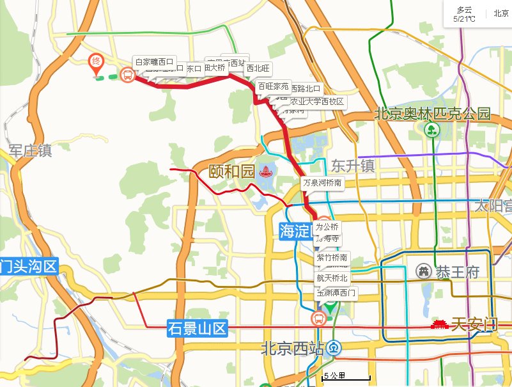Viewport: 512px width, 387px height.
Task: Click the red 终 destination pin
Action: coord(95,61)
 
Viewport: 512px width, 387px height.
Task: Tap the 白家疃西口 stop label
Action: coord(153,61)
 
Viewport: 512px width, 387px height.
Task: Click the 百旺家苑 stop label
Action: coord(273,86)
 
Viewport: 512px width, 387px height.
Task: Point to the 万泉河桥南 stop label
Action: coord(323,183)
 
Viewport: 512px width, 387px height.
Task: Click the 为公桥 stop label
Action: coord(327,227)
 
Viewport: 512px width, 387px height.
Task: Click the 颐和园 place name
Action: coord(231,171)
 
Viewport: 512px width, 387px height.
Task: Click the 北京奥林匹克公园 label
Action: coord(431,115)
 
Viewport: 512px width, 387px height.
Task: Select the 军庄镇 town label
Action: coord(30,151)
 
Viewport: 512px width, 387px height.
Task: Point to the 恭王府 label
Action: coord(457,272)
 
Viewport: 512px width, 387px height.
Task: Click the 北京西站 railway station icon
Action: coord(334,349)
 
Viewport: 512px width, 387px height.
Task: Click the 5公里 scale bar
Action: coord(345,377)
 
